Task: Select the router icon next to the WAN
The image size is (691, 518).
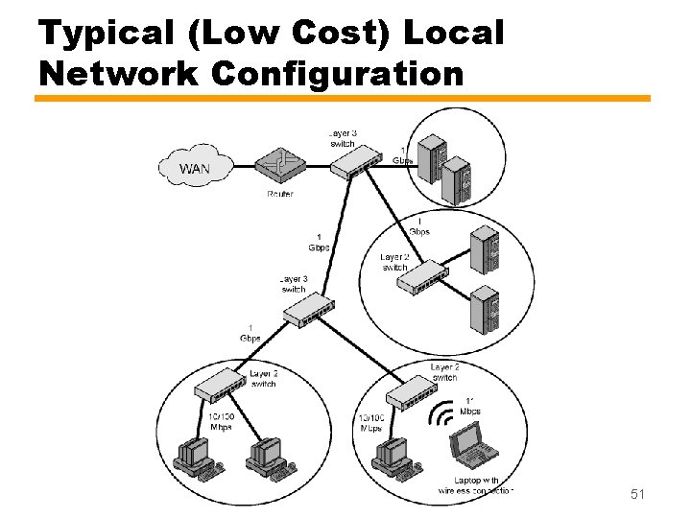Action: tap(278, 166)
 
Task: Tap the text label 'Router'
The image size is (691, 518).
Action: tap(280, 194)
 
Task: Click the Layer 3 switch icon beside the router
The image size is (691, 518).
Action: tap(356, 165)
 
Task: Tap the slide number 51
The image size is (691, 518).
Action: tap(638, 494)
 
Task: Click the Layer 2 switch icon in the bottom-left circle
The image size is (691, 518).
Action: tap(222, 387)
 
